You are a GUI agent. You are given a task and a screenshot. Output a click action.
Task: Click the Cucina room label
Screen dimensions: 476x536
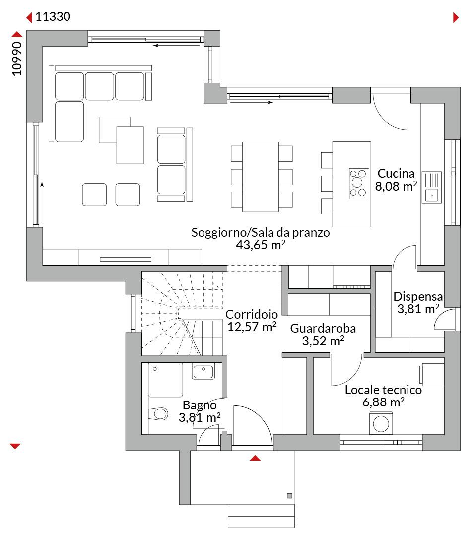point(396,173)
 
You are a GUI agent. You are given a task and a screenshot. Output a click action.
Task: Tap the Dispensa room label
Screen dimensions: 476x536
point(418,296)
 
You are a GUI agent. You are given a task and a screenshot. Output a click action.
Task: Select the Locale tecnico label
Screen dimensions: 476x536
point(383,390)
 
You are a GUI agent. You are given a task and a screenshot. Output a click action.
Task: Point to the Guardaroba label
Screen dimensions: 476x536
point(323,328)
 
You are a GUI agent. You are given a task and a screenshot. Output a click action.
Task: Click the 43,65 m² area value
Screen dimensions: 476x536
point(261,245)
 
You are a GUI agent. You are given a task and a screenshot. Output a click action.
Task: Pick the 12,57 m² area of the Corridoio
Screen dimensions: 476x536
point(252,327)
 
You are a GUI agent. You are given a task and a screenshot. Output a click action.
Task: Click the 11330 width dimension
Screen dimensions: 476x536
point(53,16)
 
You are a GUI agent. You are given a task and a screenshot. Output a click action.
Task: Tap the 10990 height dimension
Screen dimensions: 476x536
point(17,59)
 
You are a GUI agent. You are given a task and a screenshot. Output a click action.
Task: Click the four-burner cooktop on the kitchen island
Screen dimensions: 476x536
point(359,183)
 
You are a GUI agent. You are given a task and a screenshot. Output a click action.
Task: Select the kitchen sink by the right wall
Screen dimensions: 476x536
point(431,188)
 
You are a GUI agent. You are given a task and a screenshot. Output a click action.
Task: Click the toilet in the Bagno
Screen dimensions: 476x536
point(158,413)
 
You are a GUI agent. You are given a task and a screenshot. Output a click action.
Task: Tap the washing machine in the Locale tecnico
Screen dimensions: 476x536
point(381,423)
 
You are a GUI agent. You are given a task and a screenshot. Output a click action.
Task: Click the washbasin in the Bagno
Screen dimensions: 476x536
point(204,371)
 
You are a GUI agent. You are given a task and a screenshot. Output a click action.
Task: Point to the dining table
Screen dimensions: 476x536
point(261,177)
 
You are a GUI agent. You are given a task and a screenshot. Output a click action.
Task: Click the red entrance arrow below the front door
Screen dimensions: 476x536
point(255,458)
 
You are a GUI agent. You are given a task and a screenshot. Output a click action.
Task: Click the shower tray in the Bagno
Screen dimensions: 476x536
point(165,380)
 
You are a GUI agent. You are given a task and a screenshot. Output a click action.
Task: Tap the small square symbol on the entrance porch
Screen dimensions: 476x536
point(290,496)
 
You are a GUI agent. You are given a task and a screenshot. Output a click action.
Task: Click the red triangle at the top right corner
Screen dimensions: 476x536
point(456,17)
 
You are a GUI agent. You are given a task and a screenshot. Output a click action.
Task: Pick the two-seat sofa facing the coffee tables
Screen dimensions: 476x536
point(171,165)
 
